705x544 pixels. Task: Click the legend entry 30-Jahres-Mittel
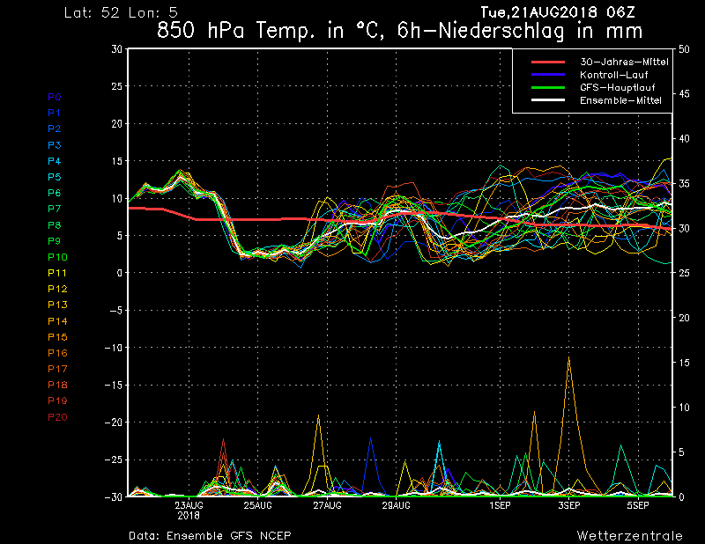pyautogui.click(x=624, y=62)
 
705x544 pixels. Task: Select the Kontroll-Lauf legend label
pyautogui.click(x=613, y=75)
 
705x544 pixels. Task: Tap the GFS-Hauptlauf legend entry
pyautogui.click(x=618, y=87)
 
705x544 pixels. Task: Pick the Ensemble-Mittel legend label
pyautogui.click(x=620, y=100)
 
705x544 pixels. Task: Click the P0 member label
pyautogui.click(x=55, y=97)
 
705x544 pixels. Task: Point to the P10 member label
pyautogui.click(x=57, y=257)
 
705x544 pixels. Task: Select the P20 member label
pyautogui.click(x=57, y=417)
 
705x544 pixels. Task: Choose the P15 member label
pyautogui.click(x=57, y=337)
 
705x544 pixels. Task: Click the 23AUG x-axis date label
pyautogui.click(x=189, y=505)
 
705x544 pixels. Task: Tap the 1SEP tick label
pyautogui.click(x=500, y=505)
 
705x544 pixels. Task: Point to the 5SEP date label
pyautogui.click(x=638, y=505)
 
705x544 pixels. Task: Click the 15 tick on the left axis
pyautogui.click(x=117, y=161)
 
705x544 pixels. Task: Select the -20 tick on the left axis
pyautogui.click(x=114, y=423)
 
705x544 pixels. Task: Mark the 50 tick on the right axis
pyautogui.click(x=684, y=49)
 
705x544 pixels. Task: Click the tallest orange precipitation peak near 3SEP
pyautogui.click(x=569, y=357)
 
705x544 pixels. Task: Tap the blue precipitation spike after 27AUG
pyautogui.click(x=370, y=437)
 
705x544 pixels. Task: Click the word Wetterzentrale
pyautogui.click(x=630, y=535)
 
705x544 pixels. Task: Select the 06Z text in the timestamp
pyautogui.click(x=620, y=12)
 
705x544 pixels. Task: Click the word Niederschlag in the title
pyautogui.click(x=501, y=31)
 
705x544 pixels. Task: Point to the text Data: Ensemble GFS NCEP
pyautogui.click(x=210, y=535)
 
